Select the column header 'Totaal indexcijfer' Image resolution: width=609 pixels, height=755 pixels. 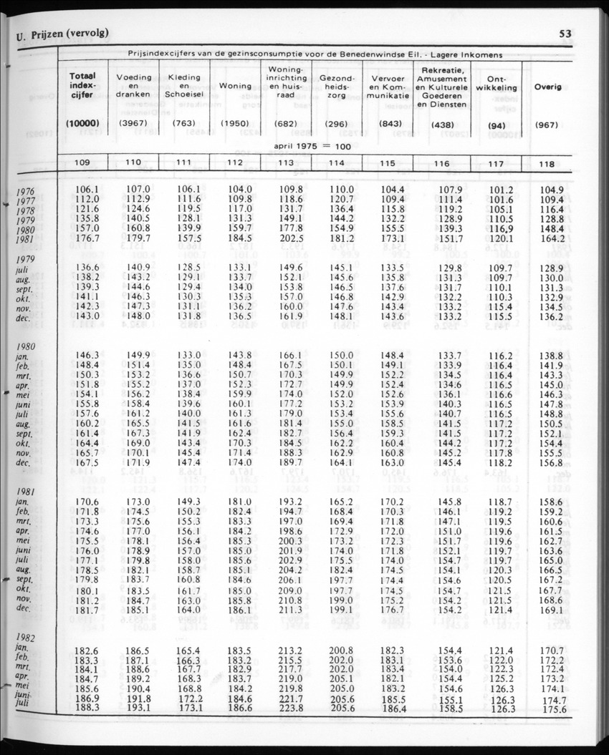[x=84, y=87]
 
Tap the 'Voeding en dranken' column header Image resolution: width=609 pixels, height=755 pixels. [x=133, y=85]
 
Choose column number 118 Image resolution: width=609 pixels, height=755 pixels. [x=548, y=164]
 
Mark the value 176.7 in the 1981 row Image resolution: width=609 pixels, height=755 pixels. [x=87, y=239]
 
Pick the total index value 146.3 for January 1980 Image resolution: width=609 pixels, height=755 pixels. [x=87, y=354]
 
